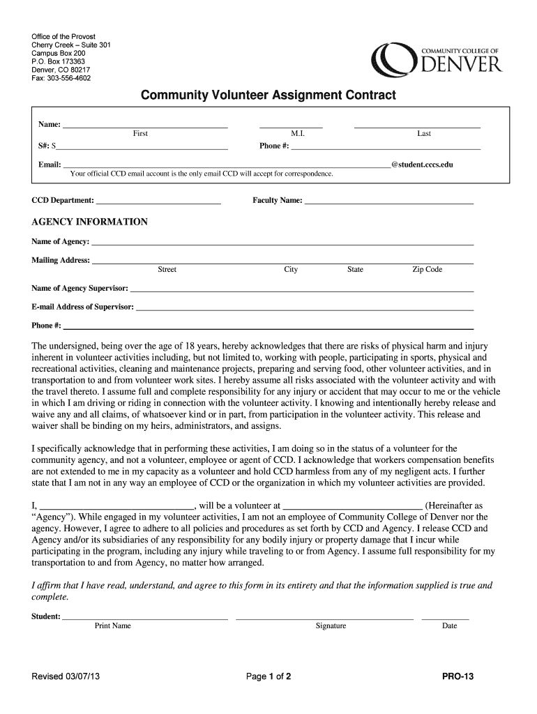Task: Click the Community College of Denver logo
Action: (437, 58)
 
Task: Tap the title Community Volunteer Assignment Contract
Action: (268, 94)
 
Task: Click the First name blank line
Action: (146, 127)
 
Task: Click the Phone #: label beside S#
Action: (274, 146)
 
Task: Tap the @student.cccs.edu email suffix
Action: (427, 165)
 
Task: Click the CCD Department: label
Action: (63, 200)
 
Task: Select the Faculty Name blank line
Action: (388, 202)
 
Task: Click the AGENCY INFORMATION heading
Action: (90, 222)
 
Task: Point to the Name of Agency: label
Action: (61, 241)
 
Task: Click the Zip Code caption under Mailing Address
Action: (427, 269)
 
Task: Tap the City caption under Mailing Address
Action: (291, 269)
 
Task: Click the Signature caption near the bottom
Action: (331, 625)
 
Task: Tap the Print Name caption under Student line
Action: (113, 625)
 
